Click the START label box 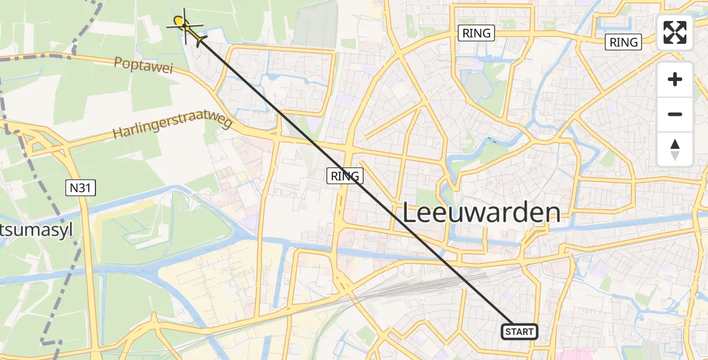pyautogui.click(x=519, y=331)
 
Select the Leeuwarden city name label pyautogui.click(x=481, y=213)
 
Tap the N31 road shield pyautogui.click(x=81, y=188)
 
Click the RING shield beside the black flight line pyautogui.click(x=345, y=176)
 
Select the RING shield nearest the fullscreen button pyautogui.click(x=623, y=42)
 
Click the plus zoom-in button pyautogui.click(x=675, y=80)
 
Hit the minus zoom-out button pyautogui.click(x=675, y=114)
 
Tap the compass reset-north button pyautogui.click(x=675, y=149)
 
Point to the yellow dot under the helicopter pyautogui.click(x=179, y=23)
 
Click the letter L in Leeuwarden pyautogui.click(x=409, y=213)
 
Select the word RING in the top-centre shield pyautogui.click(x=477, y=34)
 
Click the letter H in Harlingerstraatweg pyautogui.click(x=118, y=133)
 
